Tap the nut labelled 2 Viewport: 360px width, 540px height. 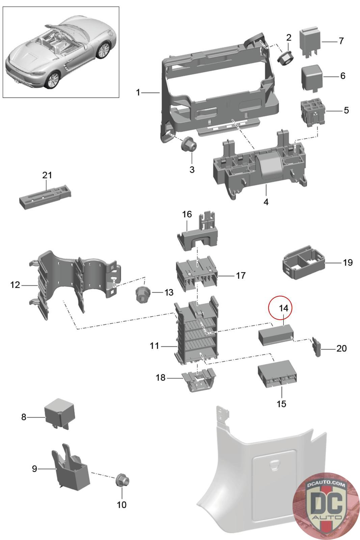(285, 58)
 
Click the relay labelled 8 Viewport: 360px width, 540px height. (59, 413)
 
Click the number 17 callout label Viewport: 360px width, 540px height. (240, 276)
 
